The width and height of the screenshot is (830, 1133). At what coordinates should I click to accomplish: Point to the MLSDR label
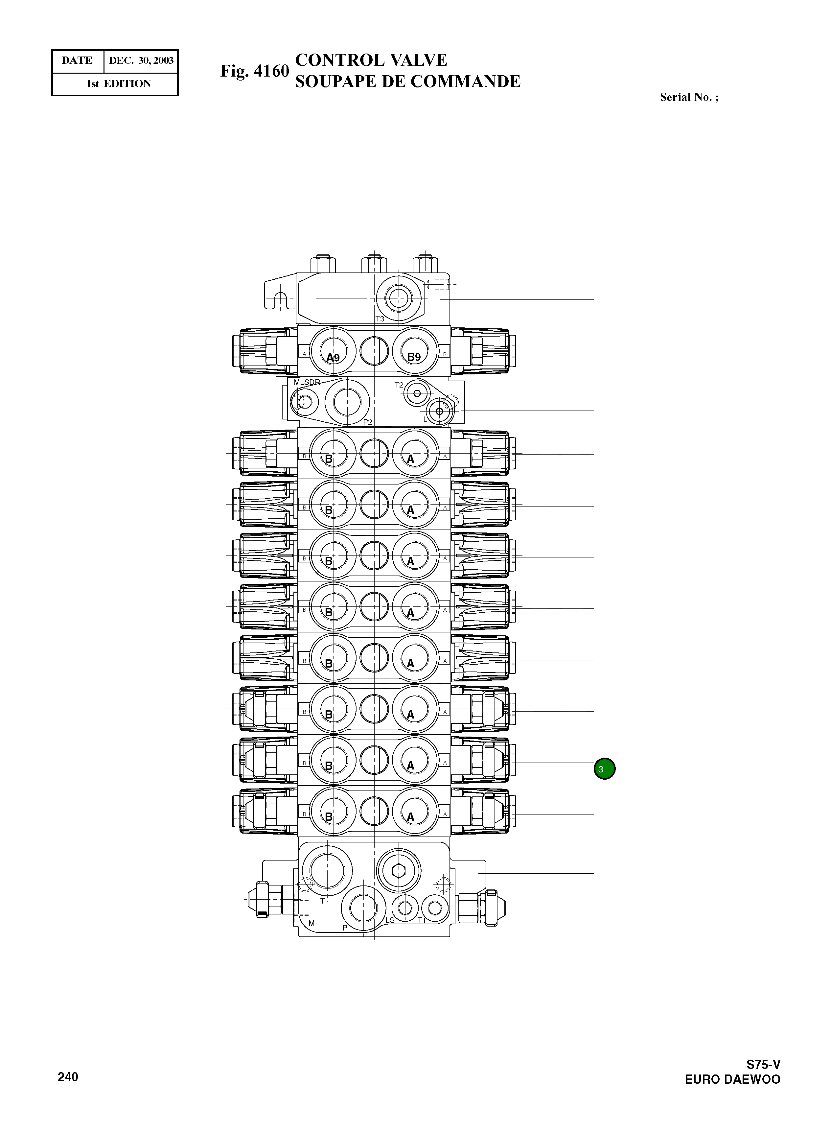(x=307, y=382)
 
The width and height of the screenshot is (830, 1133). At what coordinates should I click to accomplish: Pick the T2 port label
(x=399, y=385)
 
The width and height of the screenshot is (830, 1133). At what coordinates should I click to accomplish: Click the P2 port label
(x=368, y=422)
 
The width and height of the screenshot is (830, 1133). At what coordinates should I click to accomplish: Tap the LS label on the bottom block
(x=390, y=920)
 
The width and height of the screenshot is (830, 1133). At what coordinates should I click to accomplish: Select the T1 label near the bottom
(x=422, y=920)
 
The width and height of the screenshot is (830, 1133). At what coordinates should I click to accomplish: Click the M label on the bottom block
(x=311, y=923)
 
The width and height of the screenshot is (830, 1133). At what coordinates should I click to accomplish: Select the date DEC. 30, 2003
(x=141, y=61)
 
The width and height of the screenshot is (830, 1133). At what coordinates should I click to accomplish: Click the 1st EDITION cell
(x=119, y=84)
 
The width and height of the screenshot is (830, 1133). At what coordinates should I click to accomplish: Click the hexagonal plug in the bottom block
(x=399, y=870)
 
